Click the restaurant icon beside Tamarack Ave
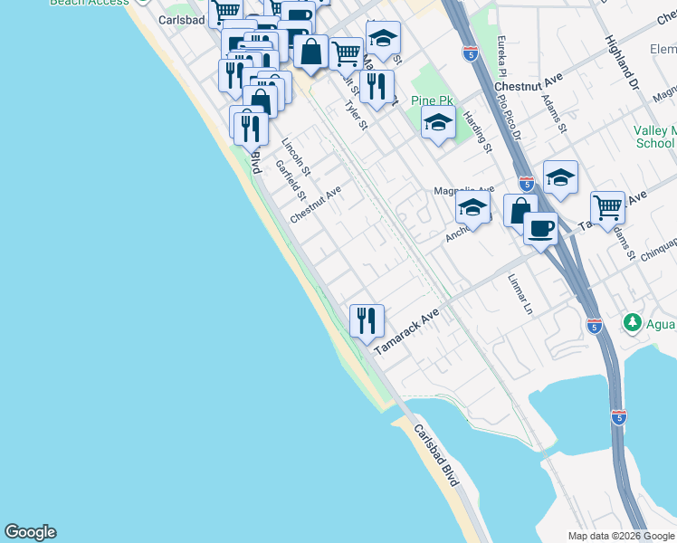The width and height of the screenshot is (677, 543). click(x=367, y=320)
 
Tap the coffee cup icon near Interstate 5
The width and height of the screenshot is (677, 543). click(x=540, y=227)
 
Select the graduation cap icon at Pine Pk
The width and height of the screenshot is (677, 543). click(x=438, y=122)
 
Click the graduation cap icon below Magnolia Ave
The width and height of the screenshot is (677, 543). click(x=472, y=207)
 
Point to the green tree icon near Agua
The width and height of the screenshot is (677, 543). click(x=633, y=322)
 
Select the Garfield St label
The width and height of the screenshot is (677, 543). click(x=291, y=181)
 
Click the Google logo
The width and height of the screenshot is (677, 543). click(x=30, y=532)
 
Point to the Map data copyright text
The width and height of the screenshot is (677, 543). click(x=620, y=536)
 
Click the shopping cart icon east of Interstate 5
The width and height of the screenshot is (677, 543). click(x=607, y=207)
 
